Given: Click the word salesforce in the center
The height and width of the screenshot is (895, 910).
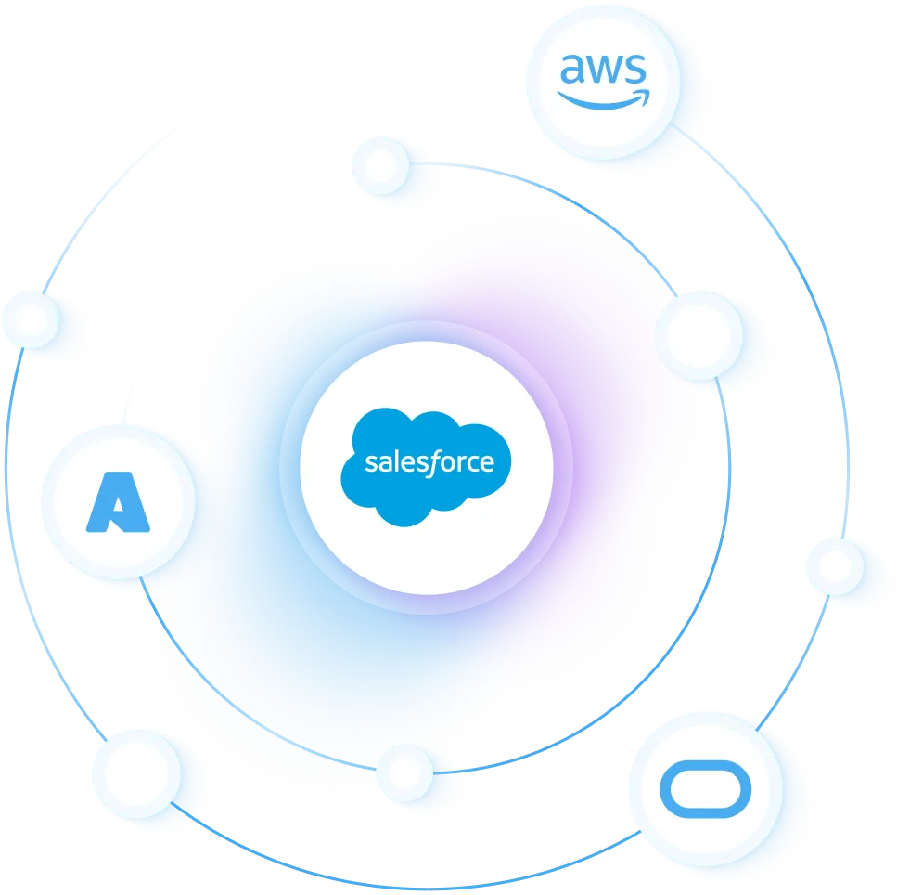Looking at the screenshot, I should coord(429,461).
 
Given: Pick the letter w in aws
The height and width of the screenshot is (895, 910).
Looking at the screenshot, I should coord(603,71).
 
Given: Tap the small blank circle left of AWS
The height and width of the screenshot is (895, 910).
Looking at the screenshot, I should coord(379,165).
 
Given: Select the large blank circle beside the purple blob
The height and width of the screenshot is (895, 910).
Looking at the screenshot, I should coord(699,335).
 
